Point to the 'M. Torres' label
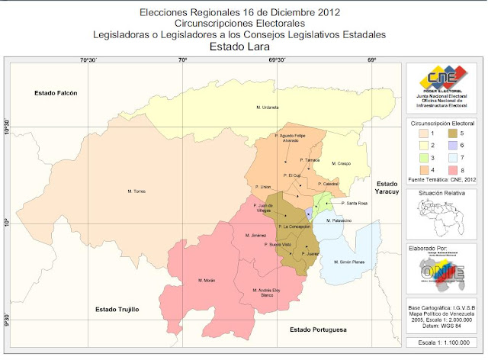[x=136, y=191]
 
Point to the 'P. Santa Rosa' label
[x=355, y=204]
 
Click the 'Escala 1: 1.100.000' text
[x=442, y=344]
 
